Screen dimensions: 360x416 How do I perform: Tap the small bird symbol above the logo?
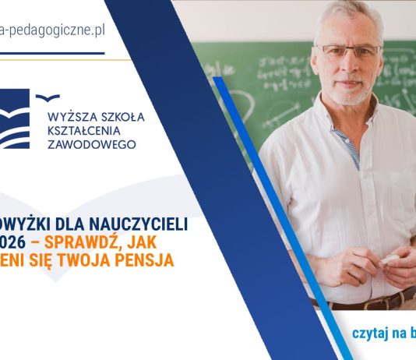[49, 97]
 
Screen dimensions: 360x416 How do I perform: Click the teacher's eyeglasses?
[349, 53]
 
